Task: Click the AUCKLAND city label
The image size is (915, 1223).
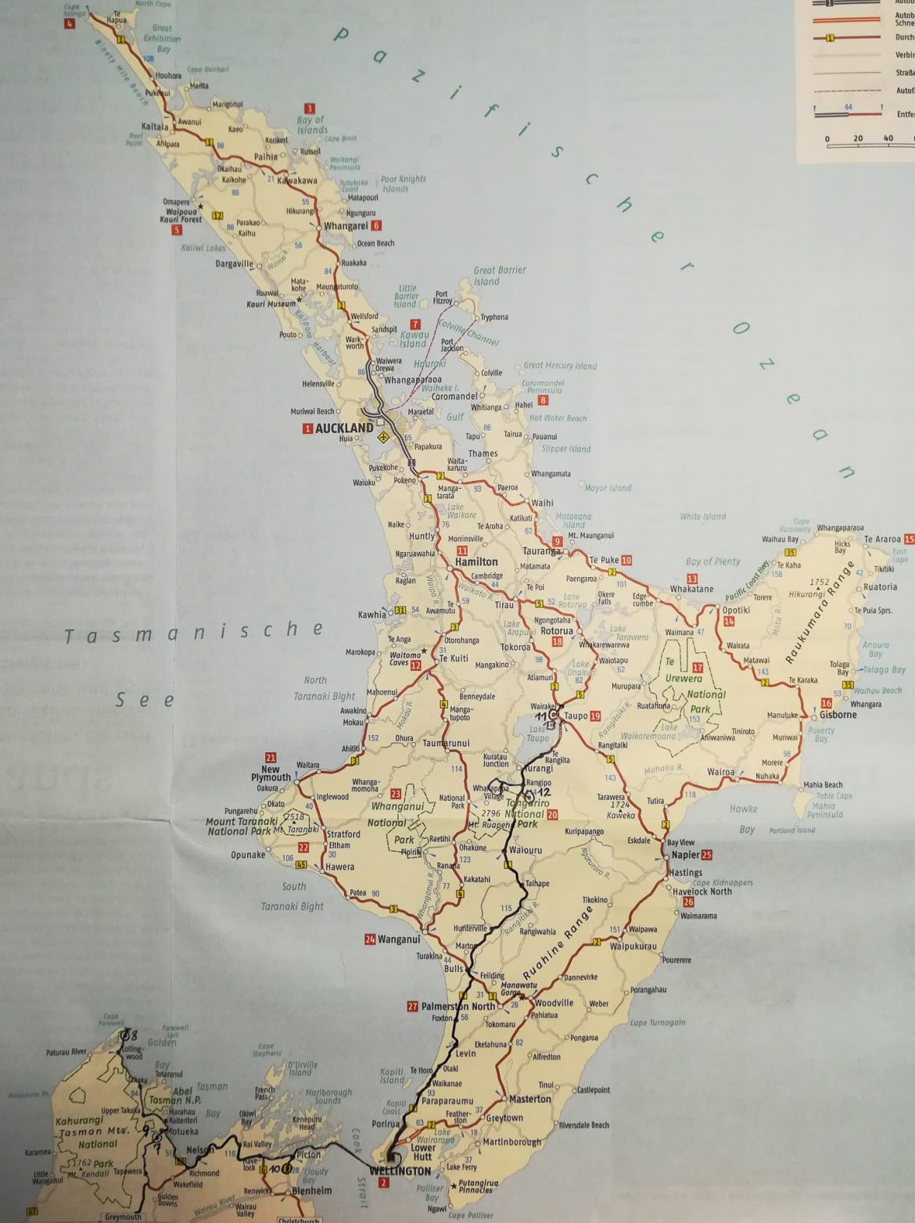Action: (344, 429)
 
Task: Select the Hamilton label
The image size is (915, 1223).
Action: (476, 561)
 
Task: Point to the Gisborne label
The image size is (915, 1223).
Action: (838, 715)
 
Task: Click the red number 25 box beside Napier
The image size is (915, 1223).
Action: (707, 855)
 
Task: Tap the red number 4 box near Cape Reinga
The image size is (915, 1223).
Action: (70, 24)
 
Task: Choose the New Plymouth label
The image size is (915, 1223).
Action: (271, 774)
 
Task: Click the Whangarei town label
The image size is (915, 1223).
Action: (346, 226)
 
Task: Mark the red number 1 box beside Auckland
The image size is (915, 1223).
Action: (308, 429)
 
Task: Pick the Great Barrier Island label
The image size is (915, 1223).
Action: (499, 275)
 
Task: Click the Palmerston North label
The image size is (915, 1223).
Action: (458, 1006)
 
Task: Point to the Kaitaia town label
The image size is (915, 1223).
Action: (155, 126)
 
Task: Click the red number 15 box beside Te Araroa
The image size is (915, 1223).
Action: (908, 540)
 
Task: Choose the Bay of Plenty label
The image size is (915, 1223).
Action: (712, 561)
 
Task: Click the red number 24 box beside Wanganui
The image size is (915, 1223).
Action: (369, 939)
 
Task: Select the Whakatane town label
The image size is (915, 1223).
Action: (691, 589)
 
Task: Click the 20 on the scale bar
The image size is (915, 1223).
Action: (858, 138)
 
